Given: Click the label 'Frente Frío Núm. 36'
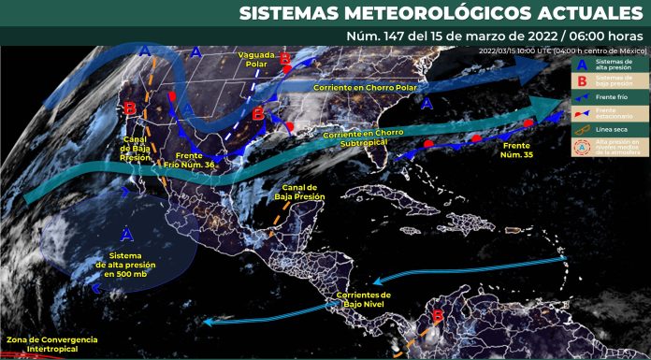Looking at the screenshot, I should click(196, 161).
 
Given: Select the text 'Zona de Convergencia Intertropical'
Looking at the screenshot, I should click(51, 344).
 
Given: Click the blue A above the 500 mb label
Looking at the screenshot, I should click(126, 232).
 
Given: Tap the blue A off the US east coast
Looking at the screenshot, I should click(427, 105).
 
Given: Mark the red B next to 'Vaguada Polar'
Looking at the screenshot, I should click(285, 58).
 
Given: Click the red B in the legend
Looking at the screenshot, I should click(583, 79).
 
